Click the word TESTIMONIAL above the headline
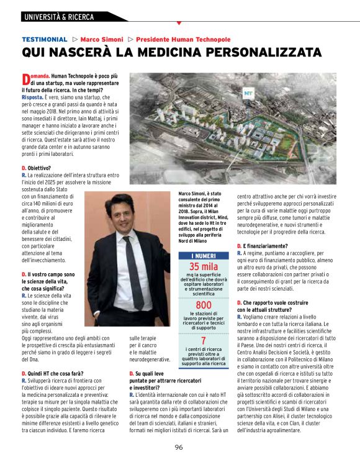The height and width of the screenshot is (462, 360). [x=45, y=39]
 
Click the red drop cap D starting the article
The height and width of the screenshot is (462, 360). [x=25, y=79]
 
